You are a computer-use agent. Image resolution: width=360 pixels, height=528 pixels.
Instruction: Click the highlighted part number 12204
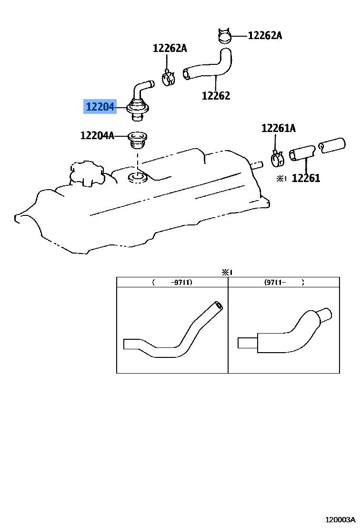click(x=100, y=107)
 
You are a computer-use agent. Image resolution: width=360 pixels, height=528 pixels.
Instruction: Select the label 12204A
click(x=97, y=136)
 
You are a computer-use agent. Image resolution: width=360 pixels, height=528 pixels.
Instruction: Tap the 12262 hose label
click(x=216, y=95)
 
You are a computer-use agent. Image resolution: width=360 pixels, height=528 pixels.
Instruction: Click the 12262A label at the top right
click(x=265, y=35)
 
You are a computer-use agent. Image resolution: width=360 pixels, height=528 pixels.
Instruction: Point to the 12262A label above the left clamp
click(x=170, y=48)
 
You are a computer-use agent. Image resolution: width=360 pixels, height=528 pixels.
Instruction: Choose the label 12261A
click(x=278, y=128)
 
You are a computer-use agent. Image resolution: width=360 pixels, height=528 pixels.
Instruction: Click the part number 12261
click(x=306, y=178)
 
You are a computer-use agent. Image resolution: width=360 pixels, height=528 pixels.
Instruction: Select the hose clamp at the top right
click(x=224, y=35)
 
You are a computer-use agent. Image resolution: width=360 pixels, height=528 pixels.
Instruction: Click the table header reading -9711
click(x=172, y=282)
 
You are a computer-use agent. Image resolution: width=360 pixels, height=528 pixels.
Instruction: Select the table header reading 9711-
click(x=284, y=282)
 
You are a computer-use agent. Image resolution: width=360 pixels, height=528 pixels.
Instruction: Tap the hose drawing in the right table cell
click(x=284, y=334)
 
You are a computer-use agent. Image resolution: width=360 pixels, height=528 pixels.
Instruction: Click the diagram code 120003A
click(x=340, y=519)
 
